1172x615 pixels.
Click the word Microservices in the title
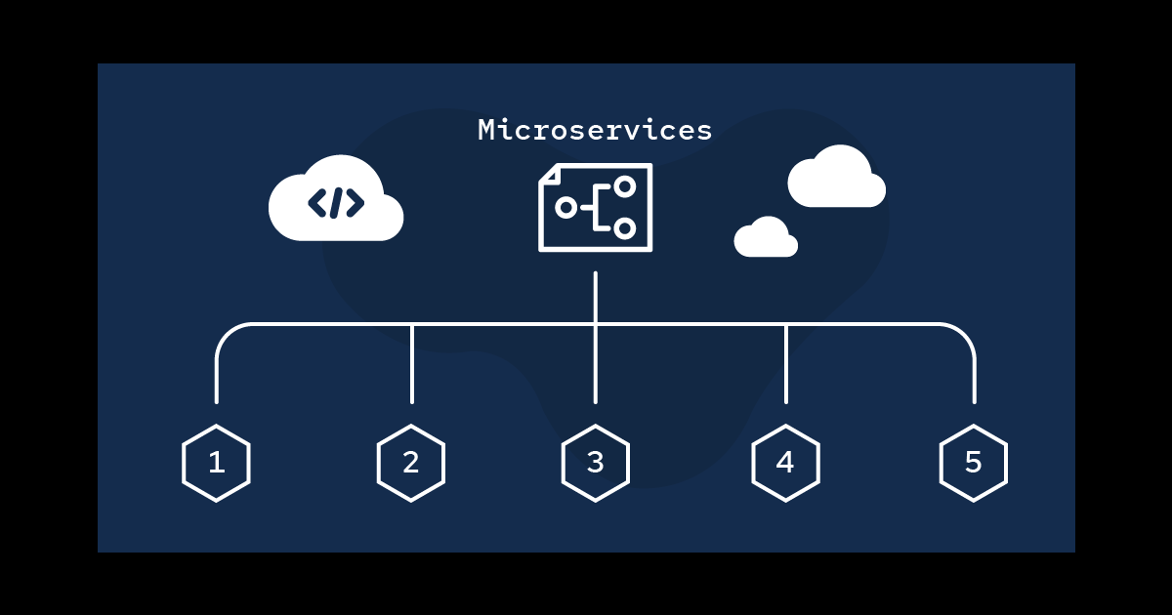[x=595, y=130]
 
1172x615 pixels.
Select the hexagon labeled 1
[x=216, y=463]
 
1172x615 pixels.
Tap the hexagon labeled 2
[x=411, y=463]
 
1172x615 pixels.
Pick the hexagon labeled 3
[x=595, y=463]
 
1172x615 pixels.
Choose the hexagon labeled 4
[x=785, y=463]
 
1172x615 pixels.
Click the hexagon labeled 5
[x=974, y=463]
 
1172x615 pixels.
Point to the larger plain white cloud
[x=836, y=179]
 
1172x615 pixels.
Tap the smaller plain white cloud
[x=766, y=238]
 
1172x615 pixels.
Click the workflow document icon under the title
[x=595, y=207]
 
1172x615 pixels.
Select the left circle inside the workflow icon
[x=565, y=207]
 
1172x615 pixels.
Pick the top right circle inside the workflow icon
[x=624, y=185]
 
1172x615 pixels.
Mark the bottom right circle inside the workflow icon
[x=624, y=228]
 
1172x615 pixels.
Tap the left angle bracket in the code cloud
[x=317, y=203]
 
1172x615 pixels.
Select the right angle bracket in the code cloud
[x=355, y=203]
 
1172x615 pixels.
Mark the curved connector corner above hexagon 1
[x=226, y=334]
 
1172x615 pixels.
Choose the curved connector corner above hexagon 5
[x=964, y=334]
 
